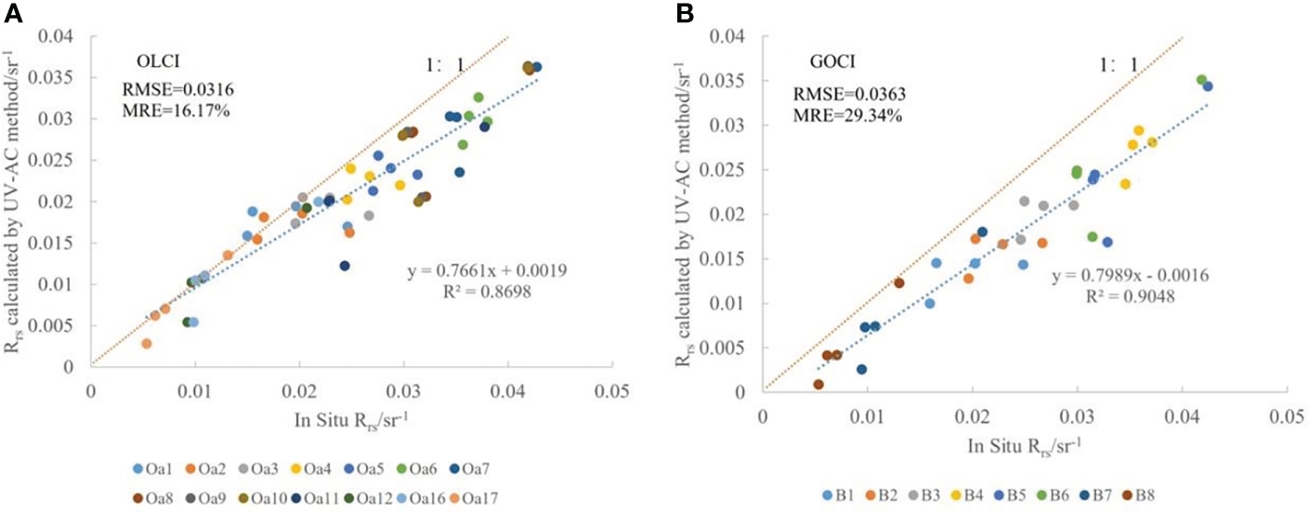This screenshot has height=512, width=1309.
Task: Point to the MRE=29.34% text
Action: [x=834, y=115]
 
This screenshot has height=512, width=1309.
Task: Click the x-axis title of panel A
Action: [x=349, y=417]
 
